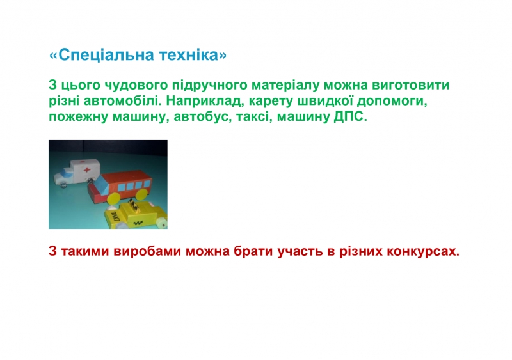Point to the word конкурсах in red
point(423,252)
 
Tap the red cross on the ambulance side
point(86,169)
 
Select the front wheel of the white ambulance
point(63,185)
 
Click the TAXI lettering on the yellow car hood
point(115,215)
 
